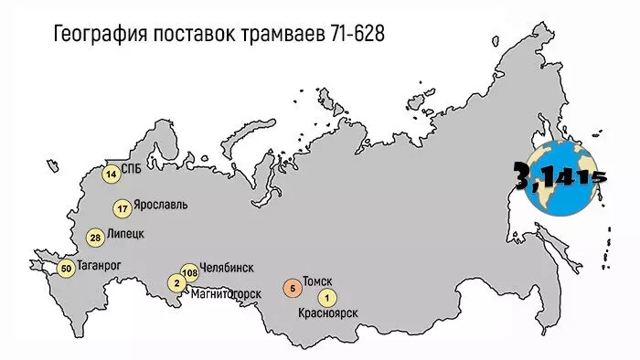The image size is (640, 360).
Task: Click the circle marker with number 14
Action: pyautogui.click(x=112, y=174)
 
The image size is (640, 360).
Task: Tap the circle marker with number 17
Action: pyautogui.click(x=122, y=208)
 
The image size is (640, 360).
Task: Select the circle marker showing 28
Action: pyautogui.click(x=96, y=238)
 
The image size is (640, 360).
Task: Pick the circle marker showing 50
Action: pyautogui.click(x=66, y=269)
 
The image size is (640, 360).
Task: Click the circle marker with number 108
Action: pyautogui.click(x=190, y=272)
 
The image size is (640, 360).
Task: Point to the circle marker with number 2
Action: pyautogui.click(x=176, y=283)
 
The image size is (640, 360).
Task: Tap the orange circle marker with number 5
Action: pyautogui.click(x=291, y=289)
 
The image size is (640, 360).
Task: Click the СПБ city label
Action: pyautogui.click(x=132, y=168)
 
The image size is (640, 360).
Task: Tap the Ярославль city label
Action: pyautogui.click(x=161, y=205)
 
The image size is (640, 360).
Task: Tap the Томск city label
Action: pyautogui.click(x=316, y=281)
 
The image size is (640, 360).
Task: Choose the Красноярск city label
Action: pyautogui.click(x=327, y=314)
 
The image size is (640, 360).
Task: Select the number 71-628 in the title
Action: pyautogui.click(x=353, y=34)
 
